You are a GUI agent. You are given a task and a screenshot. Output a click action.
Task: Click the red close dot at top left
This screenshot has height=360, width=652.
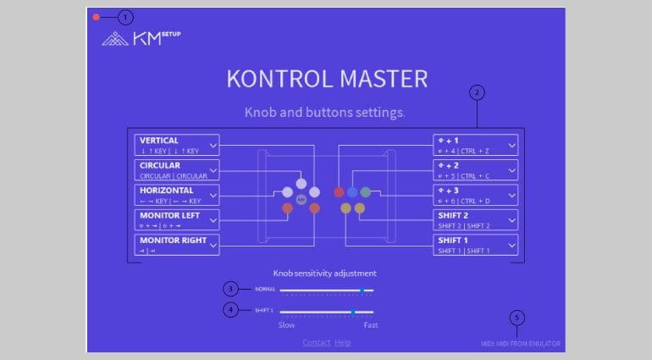point(97,17)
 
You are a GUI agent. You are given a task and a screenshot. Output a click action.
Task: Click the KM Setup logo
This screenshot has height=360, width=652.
point(141,38)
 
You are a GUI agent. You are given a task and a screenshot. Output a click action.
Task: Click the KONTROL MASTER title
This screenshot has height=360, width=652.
point(326,79)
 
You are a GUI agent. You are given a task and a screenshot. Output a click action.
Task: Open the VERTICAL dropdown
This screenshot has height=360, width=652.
point(177,144)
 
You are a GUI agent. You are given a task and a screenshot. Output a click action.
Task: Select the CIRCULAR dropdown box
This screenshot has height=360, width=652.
point(177,169)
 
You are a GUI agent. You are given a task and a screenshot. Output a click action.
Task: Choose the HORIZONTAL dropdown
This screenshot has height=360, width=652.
point(177,195)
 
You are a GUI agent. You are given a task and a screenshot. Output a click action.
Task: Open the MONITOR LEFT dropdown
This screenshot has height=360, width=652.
point(177,220)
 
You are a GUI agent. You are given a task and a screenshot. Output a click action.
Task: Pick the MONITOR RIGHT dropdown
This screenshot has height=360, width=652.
point(177,245)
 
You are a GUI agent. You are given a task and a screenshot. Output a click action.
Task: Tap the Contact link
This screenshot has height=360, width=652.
point(317,342)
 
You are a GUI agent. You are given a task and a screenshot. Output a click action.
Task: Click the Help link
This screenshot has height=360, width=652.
point(342,342)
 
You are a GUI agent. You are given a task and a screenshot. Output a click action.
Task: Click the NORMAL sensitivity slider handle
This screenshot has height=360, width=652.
point(362,290)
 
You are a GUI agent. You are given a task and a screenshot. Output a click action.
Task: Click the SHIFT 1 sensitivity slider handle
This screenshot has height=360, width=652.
point(353,311)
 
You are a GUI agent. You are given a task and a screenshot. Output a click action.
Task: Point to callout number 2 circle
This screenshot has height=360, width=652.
point(478,91)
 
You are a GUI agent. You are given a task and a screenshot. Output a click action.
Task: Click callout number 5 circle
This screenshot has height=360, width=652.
point(517,318)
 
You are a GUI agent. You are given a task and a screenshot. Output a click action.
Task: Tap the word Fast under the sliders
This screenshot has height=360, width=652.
point(371,324)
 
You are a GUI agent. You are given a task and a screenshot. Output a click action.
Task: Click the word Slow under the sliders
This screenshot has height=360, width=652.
point(287,324)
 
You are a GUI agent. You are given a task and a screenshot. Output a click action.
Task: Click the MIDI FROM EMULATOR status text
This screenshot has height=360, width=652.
point(516,343)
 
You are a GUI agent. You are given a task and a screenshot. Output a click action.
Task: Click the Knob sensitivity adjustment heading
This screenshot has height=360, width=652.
point(324,274)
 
